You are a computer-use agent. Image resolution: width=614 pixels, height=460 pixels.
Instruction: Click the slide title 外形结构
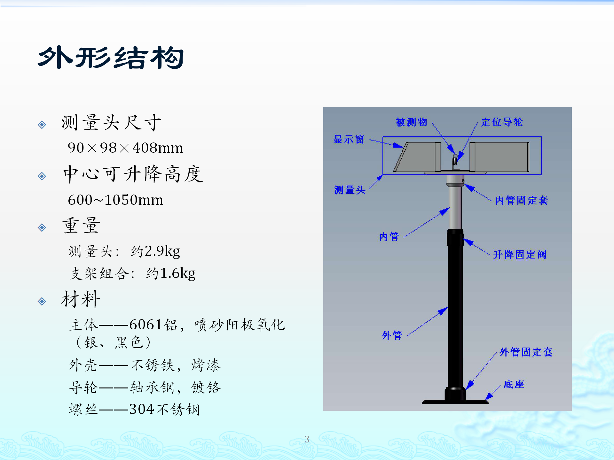[x=111, y=57]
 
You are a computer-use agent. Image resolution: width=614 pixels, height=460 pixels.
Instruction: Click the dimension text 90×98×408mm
[x=125, y=148]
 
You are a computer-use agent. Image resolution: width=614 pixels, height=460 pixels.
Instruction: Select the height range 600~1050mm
[x=115, y=200]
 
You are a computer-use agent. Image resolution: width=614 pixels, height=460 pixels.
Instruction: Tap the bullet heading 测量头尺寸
[x=111, y=122]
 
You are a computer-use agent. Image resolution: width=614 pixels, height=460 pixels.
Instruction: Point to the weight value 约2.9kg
[x=155, y=251]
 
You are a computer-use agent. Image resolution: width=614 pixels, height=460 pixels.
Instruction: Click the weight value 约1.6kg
[x=171, y=273]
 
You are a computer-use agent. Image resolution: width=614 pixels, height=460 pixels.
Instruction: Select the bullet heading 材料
[x=81, y=299]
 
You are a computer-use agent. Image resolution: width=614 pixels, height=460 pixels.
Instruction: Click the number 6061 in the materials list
[x=146, y=325]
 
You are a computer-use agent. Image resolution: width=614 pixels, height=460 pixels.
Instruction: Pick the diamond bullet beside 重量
[x=42, y=227]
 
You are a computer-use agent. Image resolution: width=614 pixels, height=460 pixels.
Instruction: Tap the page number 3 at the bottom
[x=307, y=439]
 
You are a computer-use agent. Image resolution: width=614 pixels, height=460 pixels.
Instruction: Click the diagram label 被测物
[x=412, y=122]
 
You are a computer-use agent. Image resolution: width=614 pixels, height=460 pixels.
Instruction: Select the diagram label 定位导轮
[x=502, y=122]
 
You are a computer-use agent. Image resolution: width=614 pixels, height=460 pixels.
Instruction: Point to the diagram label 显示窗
[x=349, y=139]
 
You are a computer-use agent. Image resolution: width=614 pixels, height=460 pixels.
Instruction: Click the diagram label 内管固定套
[x=522, y=200]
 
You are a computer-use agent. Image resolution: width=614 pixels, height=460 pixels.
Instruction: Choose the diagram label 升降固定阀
[x=520, y=255]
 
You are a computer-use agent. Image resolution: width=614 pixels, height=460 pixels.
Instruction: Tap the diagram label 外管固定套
[x=526, y=352]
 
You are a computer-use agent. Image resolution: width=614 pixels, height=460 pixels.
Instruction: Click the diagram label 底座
[x=514, y=384]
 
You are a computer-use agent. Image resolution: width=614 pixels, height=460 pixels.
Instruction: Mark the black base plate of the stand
[x=455, y=402]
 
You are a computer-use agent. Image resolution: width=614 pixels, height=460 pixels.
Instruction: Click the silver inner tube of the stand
[x=455, y=208]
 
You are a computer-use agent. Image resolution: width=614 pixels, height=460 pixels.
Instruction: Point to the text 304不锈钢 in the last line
[x=164, y=409]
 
